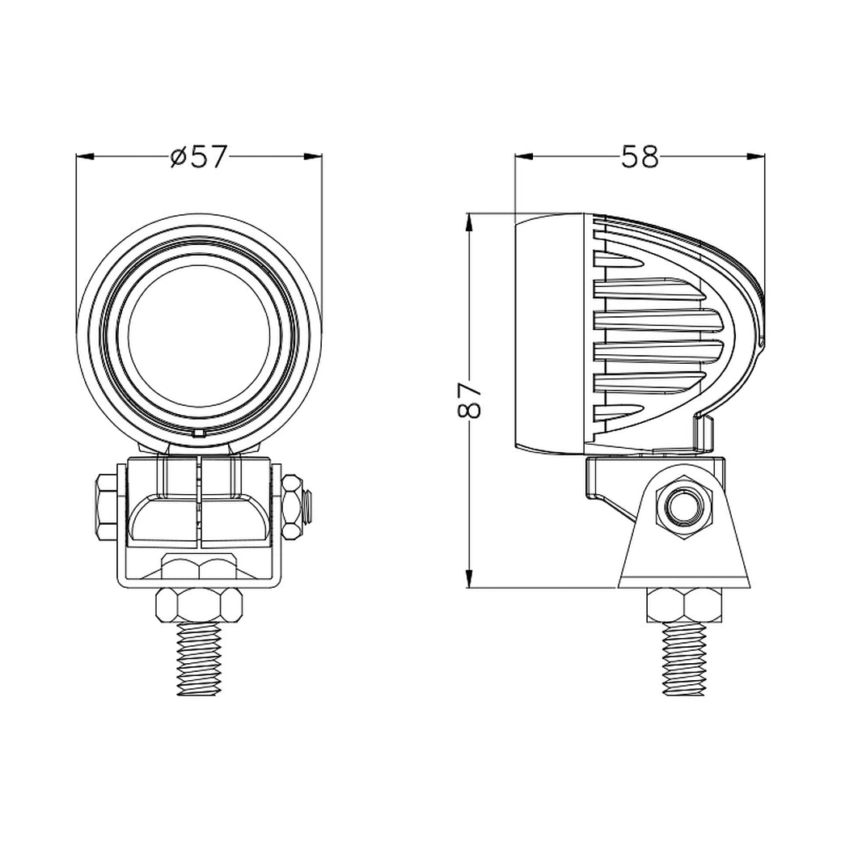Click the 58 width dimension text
pos(640,156)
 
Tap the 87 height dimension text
pos(470,399)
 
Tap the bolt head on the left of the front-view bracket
pos(106,508)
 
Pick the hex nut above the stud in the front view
pos(200,603)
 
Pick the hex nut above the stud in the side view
pos(685,604)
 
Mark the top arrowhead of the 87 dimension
pos(470,221)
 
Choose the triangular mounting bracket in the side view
pos(686,558)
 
